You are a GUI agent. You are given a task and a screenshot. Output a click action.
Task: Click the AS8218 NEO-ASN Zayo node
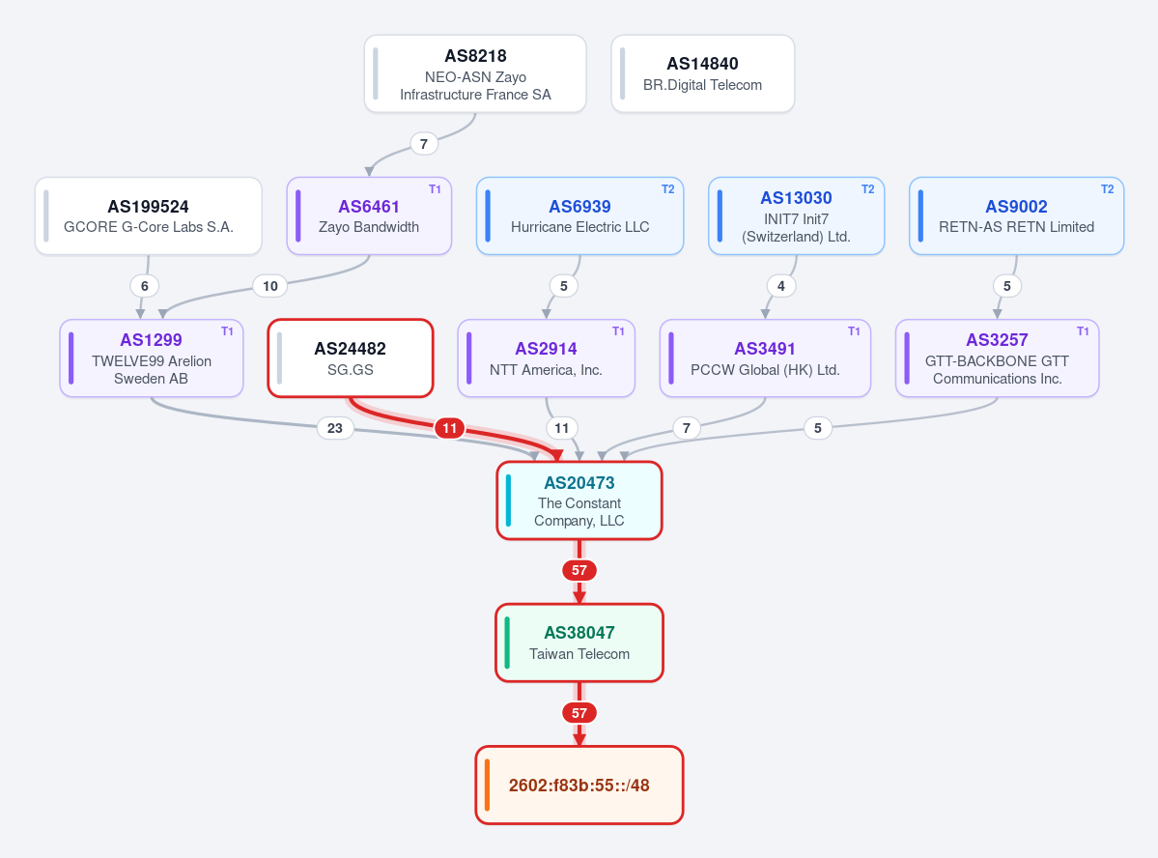(x=475, y=73)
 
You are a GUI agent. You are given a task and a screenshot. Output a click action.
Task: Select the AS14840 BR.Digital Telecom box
(x=702, y=73)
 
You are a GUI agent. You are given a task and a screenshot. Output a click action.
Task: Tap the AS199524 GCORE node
(x=149, y=215)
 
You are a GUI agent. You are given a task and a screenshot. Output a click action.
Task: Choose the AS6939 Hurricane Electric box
(x=579, y=215)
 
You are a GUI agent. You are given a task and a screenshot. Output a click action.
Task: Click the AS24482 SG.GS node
(x=350, y=358)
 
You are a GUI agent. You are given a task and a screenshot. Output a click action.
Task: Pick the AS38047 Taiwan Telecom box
(x=579, y=643)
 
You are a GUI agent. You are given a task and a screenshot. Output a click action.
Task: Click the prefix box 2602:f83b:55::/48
(x=579, y=785)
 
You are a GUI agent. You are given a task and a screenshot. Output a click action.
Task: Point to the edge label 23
(x=334, y=428)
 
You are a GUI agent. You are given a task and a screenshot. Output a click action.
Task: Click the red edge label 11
(x=450, y=428)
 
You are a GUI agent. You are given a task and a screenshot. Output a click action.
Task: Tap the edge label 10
(x=270, y=286)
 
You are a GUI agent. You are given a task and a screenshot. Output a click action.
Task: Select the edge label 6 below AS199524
(x=145, y=286)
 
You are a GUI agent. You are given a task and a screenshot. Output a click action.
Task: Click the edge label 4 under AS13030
(x=781, y=286)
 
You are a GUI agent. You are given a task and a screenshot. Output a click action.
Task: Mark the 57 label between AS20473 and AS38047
(x=579, y=570)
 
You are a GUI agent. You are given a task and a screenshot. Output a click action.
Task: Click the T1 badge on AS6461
(x=435, y=189)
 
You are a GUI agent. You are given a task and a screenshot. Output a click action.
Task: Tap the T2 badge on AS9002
(x=1107, y=189)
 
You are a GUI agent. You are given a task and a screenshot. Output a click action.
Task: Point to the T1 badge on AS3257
(x=1083, y=331)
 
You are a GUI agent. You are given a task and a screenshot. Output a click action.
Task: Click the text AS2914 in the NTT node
(x=546, y=349)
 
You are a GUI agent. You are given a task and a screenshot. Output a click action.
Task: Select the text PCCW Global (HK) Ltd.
(x=765, y=369)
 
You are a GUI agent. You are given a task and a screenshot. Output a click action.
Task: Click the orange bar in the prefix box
(x=488, y=785)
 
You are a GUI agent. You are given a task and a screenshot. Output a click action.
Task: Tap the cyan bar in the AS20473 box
(x=508, y=500)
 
